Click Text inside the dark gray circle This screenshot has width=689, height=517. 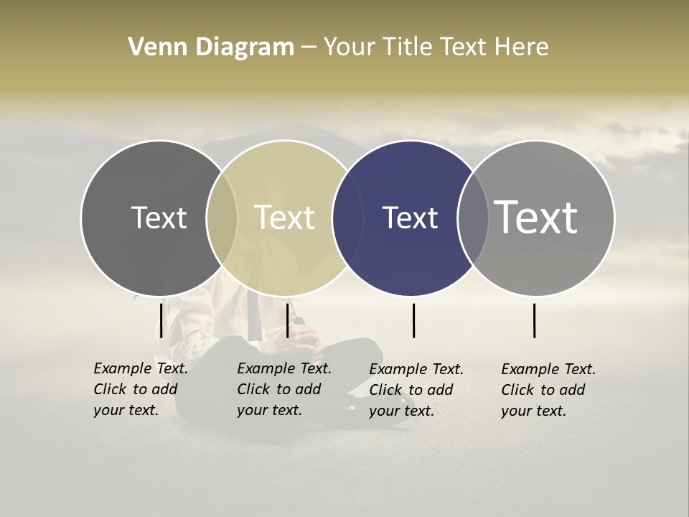pos(159,218)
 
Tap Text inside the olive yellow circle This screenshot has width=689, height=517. pos(285,218)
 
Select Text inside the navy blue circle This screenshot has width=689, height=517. pos(411,218)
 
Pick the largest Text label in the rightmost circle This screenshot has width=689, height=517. pos(536,217)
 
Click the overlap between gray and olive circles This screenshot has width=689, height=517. pos(222,218)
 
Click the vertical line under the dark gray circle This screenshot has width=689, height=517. pos(161,320)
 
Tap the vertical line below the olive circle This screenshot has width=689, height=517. pos(287,320)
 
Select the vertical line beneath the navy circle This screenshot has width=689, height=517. pos(413,320)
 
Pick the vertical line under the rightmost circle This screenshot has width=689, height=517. pos(534,320)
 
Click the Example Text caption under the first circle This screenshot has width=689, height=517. pos(141,389)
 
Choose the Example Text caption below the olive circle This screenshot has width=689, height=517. pos(284,389)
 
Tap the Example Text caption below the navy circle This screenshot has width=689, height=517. pos(416,390)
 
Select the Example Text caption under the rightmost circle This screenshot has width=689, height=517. pos(548,390)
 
